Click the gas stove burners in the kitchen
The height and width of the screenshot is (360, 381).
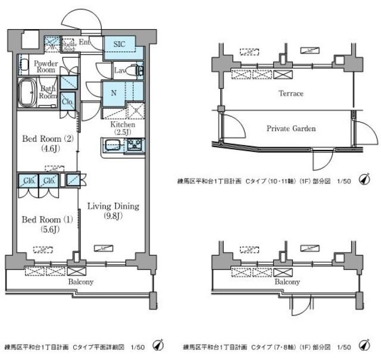click(x=135, y=145)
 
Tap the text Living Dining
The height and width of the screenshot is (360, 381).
click(x=113, y=206)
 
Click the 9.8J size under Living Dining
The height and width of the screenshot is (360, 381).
click(x=113, y=216)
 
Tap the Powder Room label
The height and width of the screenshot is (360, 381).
click(x=45, y=65)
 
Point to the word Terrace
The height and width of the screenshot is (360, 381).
click(x=291, y=94)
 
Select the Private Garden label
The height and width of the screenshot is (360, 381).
click(x=291, y=128)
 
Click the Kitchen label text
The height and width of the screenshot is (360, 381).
click(x=122, y=124)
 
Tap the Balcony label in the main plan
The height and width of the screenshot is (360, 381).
click(x=79, y=281)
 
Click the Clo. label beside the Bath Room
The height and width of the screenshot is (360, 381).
click(x=67, y=101)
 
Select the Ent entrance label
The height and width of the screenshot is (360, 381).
click(x=84, y=42)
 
